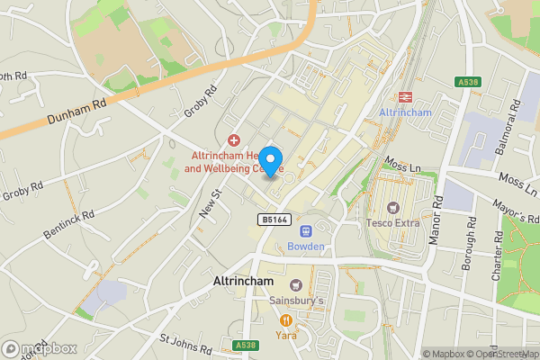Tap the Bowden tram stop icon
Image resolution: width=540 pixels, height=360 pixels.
(304, 231)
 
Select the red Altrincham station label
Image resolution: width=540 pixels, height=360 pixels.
(405, 113)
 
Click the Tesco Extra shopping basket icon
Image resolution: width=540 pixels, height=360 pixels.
(392, 207)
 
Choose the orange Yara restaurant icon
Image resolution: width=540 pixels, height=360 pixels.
(286, 319)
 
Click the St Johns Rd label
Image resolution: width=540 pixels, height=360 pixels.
(185, 344)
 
